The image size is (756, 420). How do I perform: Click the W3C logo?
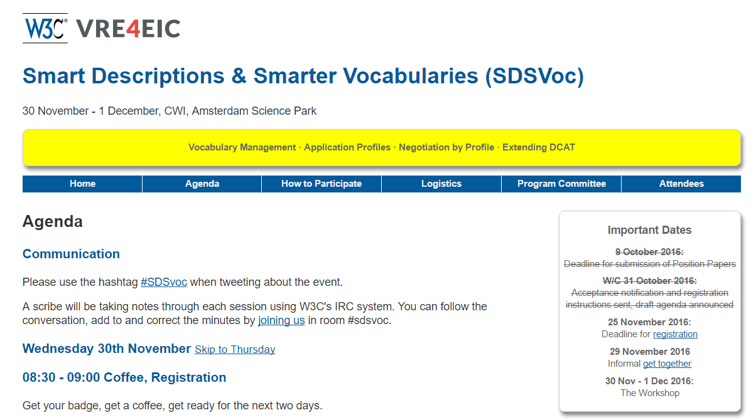click(45, 28)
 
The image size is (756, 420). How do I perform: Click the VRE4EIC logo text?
click(128, 29)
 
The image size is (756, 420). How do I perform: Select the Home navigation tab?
click(82, 184)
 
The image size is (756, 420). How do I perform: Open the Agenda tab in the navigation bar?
click(202, 184)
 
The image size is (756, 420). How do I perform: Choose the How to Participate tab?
click(321, 184)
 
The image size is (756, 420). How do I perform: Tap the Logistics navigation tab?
click(441, 184)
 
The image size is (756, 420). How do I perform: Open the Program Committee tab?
click(561, 184)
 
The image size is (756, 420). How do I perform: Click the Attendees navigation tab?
click(681, 184)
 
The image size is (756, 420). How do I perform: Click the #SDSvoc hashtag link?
click(164, 282)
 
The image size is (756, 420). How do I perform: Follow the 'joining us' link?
click(281, 320)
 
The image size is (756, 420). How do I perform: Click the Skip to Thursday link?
click(235, 349)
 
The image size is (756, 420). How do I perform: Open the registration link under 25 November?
click(675, 334)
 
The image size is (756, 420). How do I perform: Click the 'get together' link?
click(667, 364)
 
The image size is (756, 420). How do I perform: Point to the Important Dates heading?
click(649, 230)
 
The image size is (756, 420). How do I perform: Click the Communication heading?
click(71, 254)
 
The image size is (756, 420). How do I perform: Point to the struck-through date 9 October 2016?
click(649, 252)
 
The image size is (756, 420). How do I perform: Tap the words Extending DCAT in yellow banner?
click(539, 147)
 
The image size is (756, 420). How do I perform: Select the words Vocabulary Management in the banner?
click(242, 147)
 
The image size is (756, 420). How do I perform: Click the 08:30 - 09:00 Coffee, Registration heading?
click(124, 377)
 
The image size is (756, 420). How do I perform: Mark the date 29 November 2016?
click(649, 352)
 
